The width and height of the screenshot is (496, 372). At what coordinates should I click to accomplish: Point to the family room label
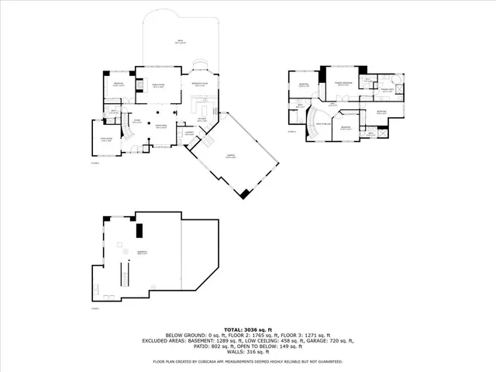[157, 86]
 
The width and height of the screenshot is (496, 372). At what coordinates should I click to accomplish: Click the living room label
[106, 140]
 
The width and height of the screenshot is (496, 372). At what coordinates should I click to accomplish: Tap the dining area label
[161, 126]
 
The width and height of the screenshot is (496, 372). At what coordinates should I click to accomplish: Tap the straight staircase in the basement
[120, 275]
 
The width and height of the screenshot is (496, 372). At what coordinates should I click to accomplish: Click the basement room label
[142, 253]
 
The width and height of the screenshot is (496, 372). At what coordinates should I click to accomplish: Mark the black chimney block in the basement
[140, 231]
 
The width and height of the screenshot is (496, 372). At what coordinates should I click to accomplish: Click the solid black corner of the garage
[246, 194]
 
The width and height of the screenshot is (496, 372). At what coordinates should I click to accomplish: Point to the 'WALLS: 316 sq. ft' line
[248, 353]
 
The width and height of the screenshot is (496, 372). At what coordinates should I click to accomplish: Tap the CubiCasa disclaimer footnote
[248, 361]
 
